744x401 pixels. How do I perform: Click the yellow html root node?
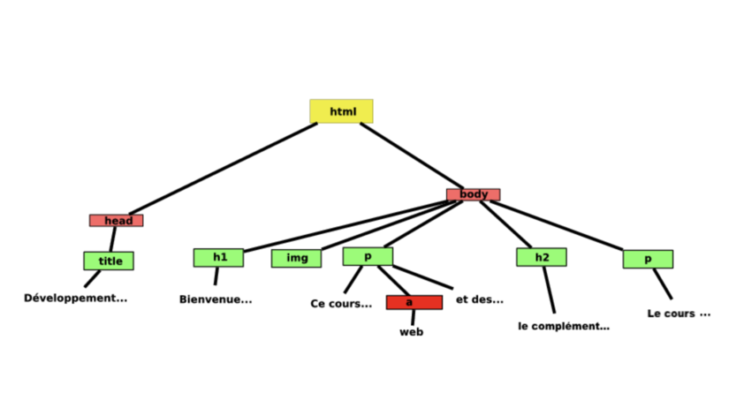pos(341,111)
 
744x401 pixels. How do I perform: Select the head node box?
pos(116,220)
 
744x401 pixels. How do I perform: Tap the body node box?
pos(473,194)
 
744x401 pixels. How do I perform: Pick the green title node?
pos(109,261)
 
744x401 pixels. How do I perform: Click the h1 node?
pos(218,257)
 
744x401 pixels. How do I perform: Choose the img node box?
pos(296,258)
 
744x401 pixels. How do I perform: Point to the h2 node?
pos(541,257)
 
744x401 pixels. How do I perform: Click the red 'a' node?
pos(409,302)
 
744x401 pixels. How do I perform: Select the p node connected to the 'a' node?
pos(368,256)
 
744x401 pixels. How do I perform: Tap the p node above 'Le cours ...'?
pos(648,259)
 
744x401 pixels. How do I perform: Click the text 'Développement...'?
pos(75,298)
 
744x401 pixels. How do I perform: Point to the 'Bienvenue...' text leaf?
pos(216,299)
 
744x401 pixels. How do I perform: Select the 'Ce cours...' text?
pos(341,304)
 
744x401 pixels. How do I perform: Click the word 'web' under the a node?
pos(411,332)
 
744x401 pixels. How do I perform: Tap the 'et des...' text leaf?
pos(480,299)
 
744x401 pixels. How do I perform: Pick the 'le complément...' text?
pos(564,326)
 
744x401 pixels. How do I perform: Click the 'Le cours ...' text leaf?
pos(679,314)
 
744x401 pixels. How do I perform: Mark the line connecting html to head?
pos(221,168)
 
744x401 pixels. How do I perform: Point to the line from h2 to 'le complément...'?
pos(549,289)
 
